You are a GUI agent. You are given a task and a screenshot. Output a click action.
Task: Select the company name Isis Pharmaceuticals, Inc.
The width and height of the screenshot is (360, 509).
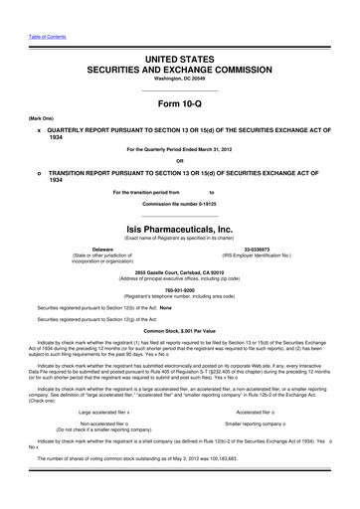pos(179,229)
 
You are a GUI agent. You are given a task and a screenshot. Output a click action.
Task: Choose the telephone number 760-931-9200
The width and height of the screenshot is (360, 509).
pos(179,291)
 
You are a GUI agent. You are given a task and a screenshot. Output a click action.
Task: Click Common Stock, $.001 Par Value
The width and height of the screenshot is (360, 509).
pos(179,329)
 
